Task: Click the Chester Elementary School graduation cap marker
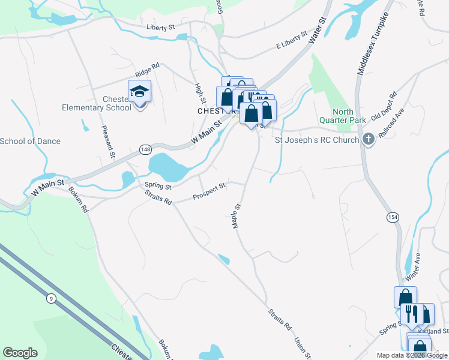(x=139, y=92)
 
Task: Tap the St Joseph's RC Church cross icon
(x=369, y=140)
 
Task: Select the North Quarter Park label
(x=349, y=116)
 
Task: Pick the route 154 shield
(x=393, y=216)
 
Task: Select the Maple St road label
(x=236, y=214)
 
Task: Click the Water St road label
(x=316, y=29)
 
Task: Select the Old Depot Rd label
(x=384, y=106)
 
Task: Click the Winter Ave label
(x=413, y=267)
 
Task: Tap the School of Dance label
(x=30, y=141)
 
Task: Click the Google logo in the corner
(x=20, y=352)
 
